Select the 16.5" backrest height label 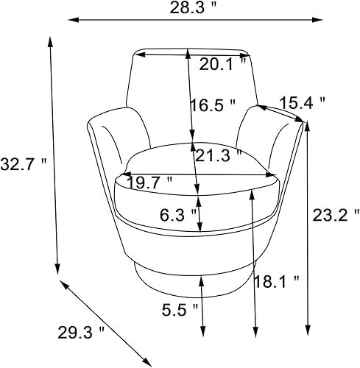click(x=213, y=105)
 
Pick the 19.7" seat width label click(x=149, y=180)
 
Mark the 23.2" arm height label click(x=327, y=216)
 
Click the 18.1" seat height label click(x=275, y=280)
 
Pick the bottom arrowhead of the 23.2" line click(x=307, y=330)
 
